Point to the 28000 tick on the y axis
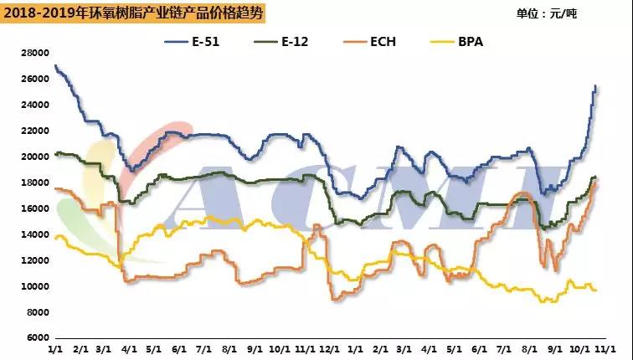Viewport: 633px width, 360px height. tap(34, 53)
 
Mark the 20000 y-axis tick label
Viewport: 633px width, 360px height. tap(34, 157)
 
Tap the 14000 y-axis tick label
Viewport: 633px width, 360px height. tap(34, 234)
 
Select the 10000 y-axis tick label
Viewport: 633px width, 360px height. tap(34, 286)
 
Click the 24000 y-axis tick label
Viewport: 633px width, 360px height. tap(34, 105)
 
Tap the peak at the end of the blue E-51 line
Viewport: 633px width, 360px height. tap(594, 86)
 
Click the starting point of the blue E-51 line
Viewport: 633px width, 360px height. tap(54, 66)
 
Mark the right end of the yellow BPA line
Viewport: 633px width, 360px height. tap(596, 290)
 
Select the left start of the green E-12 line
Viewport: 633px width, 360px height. tap(54, 154)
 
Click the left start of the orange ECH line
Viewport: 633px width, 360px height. tap(54, 188)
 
